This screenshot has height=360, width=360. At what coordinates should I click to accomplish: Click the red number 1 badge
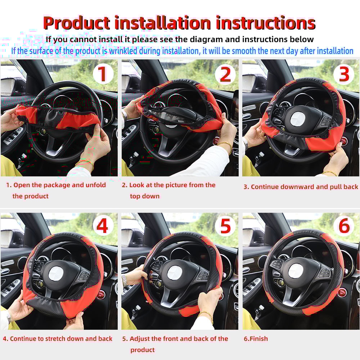tap(103, 75)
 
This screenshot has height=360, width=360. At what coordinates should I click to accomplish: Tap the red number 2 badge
tap(225, 75)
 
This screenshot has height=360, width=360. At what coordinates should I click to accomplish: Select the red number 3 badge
tap(344, 74)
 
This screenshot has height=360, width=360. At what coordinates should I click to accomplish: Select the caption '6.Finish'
tap(256, 339)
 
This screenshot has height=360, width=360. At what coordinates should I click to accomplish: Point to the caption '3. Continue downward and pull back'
tap(301, 187)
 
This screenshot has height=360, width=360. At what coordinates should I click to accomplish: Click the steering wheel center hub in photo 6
tap(296, 271)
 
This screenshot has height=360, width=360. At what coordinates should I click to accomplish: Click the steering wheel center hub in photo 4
tap(56, 274)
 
